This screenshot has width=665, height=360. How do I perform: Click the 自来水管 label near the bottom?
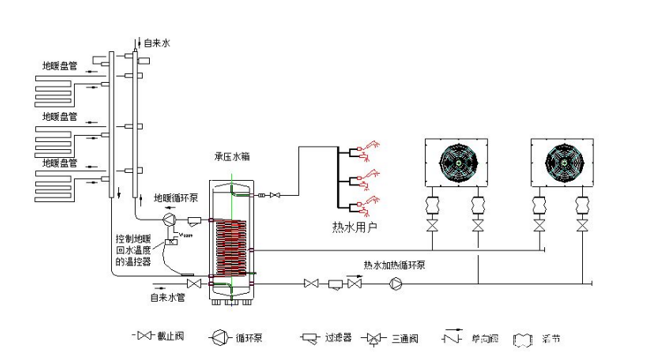click(167, 297)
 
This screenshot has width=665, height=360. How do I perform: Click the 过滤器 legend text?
click(338, 338)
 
